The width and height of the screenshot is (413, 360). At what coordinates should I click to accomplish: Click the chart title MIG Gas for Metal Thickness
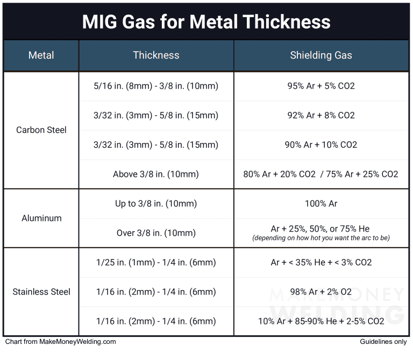pos(206,22)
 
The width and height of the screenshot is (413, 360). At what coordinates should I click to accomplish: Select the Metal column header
pos(41,55)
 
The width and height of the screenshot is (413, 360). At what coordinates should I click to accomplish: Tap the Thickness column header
pos(156,55)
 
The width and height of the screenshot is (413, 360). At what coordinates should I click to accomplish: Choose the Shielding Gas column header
pos(321,55)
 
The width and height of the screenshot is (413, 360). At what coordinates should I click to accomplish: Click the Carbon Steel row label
pos(41,130)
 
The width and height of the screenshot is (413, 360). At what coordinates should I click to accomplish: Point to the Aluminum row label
pos(41,218)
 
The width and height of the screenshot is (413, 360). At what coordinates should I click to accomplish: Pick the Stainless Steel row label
pos(41,292)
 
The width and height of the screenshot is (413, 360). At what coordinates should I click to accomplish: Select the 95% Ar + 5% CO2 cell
pos(321,86)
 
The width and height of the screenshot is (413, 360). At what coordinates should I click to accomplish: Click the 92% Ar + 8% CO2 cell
pos(321,116)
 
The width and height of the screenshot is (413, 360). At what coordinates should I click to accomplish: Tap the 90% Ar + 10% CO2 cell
pos(321,145)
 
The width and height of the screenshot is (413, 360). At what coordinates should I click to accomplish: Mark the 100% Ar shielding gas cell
pos(321,204)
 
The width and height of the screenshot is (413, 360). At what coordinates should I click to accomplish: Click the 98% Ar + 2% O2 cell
pos(321,292)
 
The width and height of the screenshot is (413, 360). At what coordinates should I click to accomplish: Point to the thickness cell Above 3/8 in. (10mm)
pos(156,174)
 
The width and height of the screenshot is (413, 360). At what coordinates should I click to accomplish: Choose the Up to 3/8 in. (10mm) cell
pos(156,204)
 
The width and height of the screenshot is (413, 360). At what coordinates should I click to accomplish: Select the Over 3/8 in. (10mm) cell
pos(156,233)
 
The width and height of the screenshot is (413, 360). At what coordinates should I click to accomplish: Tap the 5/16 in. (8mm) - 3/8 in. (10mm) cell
pos(156,86)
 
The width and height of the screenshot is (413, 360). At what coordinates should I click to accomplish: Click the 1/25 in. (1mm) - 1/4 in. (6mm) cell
pos(156,263)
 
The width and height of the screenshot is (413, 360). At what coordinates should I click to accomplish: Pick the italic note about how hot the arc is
pos(321,238)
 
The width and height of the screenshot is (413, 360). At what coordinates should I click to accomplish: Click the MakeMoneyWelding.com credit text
pos(60,342)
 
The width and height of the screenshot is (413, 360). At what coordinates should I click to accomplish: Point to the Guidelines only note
pos(384,342)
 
